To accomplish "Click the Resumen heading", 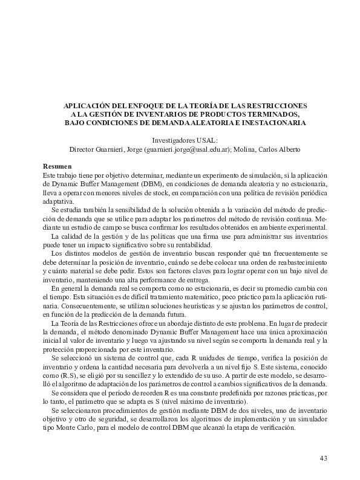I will (57, 166).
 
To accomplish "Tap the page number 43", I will (323, 458).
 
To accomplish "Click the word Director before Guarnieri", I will (83, 149).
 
